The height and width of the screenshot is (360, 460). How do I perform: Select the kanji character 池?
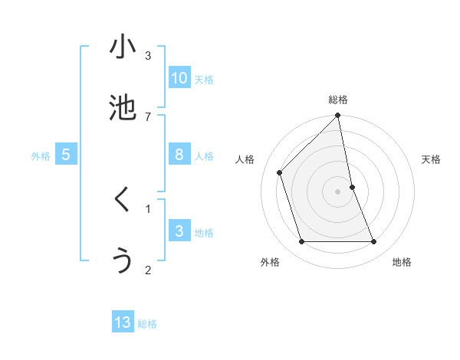tap(123, 108)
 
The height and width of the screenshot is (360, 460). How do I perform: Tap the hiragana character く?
tap(123, 200)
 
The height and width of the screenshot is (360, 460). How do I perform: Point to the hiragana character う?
tap(123, 261)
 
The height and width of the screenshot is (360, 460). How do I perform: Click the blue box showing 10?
tap(179, 78)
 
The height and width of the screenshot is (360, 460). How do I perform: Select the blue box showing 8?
tap(179, 155)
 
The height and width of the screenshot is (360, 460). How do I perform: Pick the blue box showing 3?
tap(179, 231)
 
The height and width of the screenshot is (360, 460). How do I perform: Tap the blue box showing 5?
tap(66, 155)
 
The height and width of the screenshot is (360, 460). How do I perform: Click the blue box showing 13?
tap(123, 322)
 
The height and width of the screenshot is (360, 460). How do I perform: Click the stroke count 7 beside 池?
tap(148, 116)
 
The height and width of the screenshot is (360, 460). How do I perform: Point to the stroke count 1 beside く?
tap(148, 208)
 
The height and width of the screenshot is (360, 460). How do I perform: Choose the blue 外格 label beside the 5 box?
tap(41, 156)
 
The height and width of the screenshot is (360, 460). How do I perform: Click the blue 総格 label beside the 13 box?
tap(147, 324)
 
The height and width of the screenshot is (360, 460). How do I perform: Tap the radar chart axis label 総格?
tap(338, 100)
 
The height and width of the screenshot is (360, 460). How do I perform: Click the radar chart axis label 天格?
tap(432, 160)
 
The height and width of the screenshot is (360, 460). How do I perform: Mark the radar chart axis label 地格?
tap(402, 262)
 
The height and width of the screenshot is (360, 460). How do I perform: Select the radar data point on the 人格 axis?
tap(280, 172)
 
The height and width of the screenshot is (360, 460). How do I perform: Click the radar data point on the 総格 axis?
tap(338, 116)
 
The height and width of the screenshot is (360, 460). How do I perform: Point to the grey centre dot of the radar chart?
tap(338, 191)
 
